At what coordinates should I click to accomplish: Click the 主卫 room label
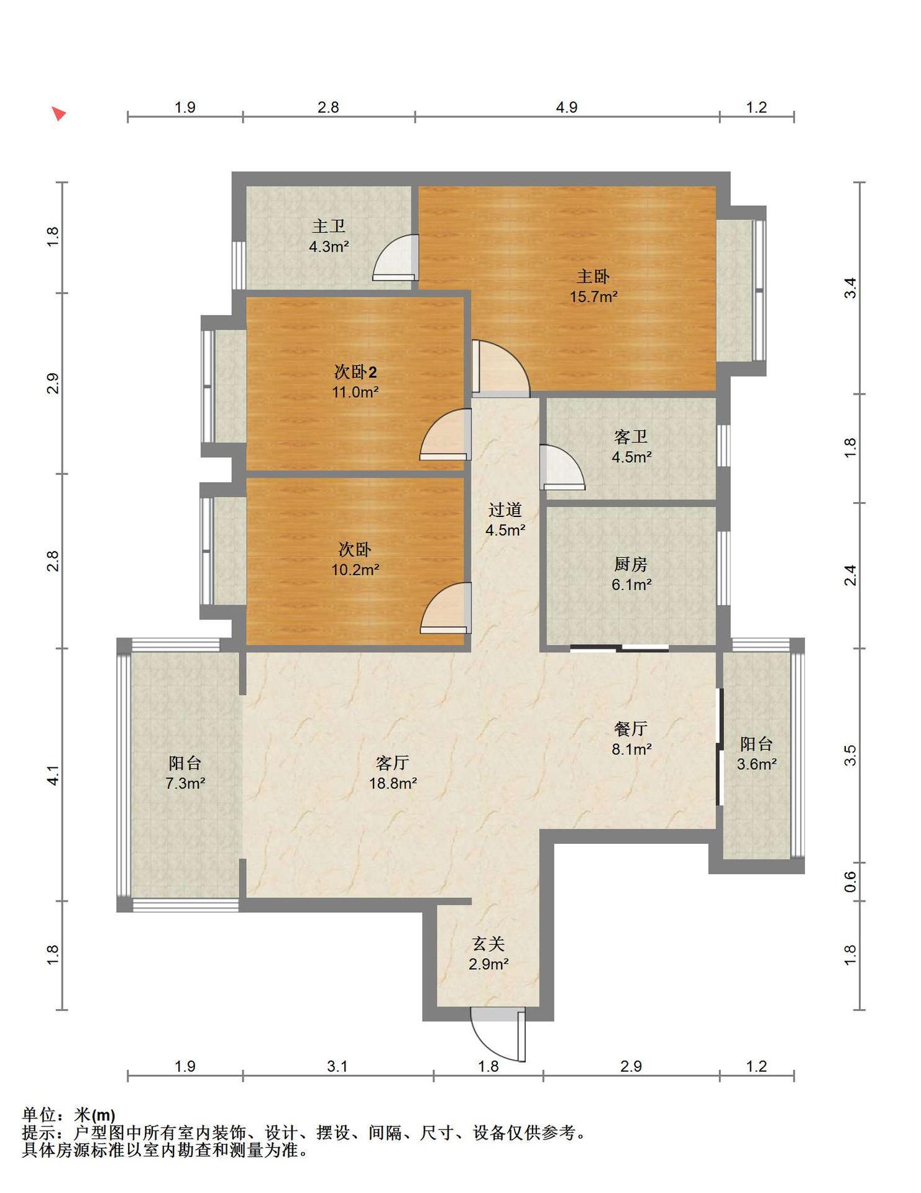328,226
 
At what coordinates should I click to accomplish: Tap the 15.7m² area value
593,296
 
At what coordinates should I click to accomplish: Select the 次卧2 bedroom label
355,372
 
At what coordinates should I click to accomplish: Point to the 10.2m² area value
355,569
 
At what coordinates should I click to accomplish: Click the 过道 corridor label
505,510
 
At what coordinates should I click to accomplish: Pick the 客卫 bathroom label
631,437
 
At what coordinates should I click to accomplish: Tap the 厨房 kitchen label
631,564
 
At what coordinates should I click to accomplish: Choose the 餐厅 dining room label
631,728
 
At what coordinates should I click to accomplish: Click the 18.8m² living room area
393,783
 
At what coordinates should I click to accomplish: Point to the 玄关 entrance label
488,944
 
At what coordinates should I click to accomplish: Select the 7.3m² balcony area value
185,783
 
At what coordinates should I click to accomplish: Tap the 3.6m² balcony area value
756,764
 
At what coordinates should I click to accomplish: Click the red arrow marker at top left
58,114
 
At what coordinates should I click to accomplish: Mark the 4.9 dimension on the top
566,107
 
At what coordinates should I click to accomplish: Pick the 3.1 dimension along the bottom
337,1066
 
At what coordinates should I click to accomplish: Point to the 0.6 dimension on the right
850,882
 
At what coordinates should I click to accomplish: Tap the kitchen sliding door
620,649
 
